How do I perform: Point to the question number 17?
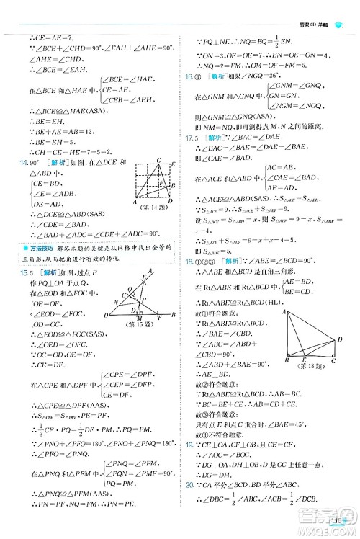pos(189,135)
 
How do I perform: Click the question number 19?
pos(189,465)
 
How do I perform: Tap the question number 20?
pos(189,506)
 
